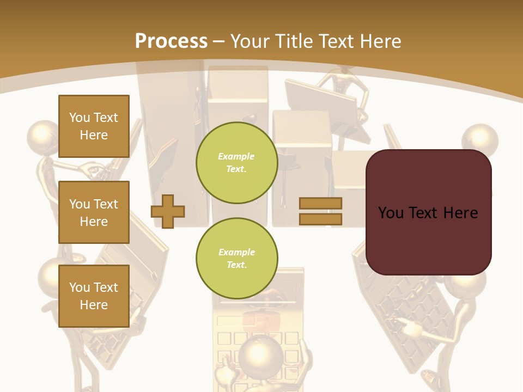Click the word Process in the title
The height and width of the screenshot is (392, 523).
coord(171,41)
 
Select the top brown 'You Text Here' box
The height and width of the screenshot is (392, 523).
coord(94,126)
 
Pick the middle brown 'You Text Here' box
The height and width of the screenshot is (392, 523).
coord(94,212)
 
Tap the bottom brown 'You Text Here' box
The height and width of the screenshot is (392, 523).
coord(94,296)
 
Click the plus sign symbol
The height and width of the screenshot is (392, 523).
coord(168,211)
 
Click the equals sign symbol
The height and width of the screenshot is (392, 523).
coord(320,211)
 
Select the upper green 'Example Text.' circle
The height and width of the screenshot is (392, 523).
coord(236,163)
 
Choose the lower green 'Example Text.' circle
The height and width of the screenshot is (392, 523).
coord(236,259)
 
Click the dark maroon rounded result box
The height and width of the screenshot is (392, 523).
coord(428,212)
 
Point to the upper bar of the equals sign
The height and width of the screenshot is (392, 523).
coord(320,204)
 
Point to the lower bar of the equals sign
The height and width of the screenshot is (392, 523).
coord(320,219)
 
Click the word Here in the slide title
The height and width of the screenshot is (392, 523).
coord(380,41)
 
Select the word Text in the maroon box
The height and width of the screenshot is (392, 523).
coord(428,213)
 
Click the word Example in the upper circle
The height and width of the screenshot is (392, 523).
coord(236,156)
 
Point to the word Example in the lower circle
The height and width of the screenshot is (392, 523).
coord(236,252)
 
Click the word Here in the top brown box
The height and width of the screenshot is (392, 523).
coord(94,135)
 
